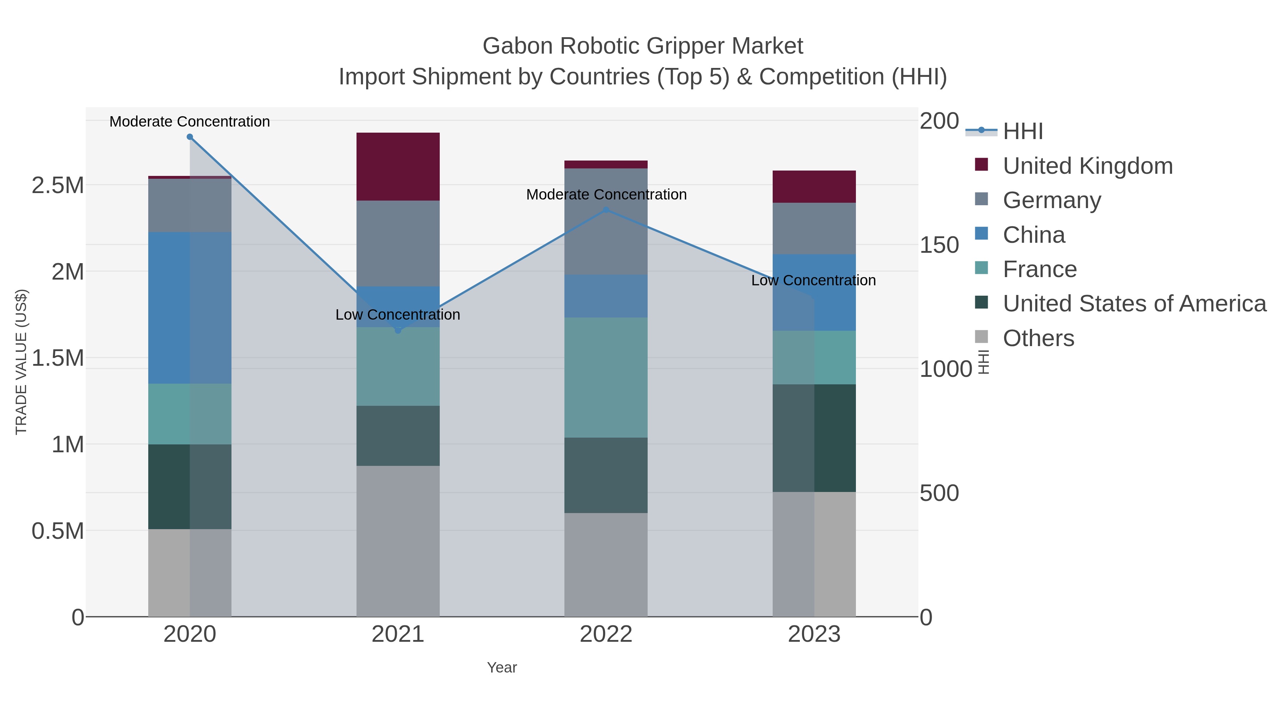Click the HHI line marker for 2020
190,137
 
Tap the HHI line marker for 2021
398,330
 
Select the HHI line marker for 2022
606,210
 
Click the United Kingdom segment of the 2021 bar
398,167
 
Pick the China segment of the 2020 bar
190,308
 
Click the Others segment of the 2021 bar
398,541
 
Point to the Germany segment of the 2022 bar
606,221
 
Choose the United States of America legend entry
1134,304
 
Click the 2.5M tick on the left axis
58,185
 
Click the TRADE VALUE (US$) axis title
21,362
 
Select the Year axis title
502,668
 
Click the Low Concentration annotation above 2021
398,315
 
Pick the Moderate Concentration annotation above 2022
606,194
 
